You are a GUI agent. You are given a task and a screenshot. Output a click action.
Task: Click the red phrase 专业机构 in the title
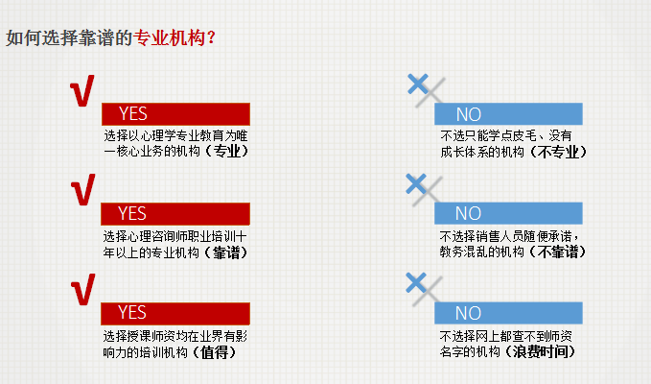170,38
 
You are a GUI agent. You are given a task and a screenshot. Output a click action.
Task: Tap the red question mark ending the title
211,38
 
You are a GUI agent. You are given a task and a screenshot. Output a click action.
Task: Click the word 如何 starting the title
23,38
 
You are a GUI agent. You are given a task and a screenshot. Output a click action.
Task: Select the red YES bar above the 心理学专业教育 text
175,114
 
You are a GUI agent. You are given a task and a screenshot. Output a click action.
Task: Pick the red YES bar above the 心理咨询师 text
175,214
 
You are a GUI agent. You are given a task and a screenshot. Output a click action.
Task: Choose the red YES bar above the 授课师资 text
175,313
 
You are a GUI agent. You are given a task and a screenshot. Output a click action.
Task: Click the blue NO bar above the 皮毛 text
508,114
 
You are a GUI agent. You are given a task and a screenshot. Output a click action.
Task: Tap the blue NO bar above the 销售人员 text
508,213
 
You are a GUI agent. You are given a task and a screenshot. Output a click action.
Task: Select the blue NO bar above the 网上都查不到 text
508,313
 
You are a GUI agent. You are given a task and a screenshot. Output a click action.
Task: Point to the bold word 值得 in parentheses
214,352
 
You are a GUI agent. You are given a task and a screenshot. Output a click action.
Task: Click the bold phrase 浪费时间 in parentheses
540,351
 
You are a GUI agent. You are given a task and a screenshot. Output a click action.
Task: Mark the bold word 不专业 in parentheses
558,152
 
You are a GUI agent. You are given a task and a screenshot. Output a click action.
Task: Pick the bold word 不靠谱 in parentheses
558,252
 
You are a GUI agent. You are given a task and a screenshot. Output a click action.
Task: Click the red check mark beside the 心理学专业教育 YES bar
82,90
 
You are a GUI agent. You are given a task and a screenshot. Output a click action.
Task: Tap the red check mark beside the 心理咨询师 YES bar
83,189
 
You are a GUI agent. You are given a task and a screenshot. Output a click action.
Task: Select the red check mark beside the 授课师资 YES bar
83,289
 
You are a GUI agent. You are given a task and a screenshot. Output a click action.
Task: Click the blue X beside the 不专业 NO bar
418,84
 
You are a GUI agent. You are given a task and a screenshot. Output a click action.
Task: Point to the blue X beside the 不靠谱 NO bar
416,183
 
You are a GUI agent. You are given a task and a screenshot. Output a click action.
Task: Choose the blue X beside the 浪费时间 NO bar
416,283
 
